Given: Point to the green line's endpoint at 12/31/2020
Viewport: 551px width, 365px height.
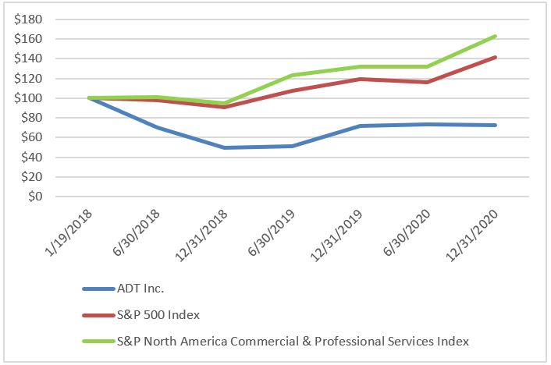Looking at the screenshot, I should pos(495,36).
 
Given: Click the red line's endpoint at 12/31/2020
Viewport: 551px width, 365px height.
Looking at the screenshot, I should pos(495,57).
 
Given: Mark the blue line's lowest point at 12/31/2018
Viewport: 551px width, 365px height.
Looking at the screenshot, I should pos(204,147).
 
